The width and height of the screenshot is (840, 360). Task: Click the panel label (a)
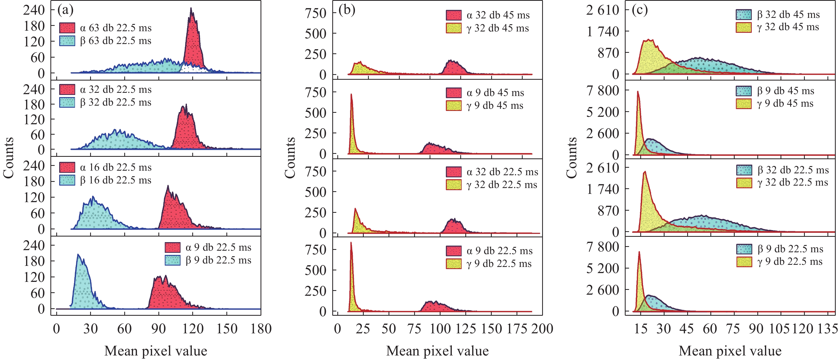coord(65,10)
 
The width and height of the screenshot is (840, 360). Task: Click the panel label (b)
coord(347,10)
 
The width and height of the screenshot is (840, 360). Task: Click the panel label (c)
coord(639,10)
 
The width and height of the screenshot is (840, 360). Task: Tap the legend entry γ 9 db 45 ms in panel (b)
coord(495,106)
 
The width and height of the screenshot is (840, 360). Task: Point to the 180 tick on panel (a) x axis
coord(261,329)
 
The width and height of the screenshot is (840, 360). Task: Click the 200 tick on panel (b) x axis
coord(542,329)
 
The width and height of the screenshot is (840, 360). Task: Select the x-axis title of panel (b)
coord(437,351)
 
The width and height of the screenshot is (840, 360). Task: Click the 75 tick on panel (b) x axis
coord(414,329)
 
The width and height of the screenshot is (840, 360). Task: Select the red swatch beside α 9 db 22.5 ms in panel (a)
coord(173,247)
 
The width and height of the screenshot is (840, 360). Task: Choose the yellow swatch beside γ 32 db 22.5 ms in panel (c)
coord(744,183)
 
